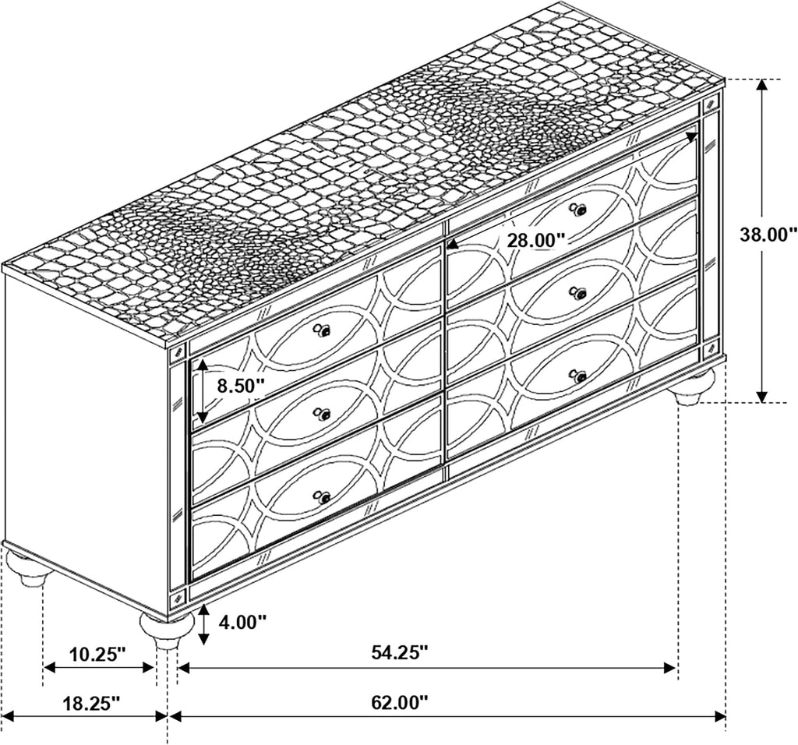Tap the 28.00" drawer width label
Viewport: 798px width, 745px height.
tap(536, 239)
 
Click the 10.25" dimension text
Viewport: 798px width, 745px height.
tap(97, 653)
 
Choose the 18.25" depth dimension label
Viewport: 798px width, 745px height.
tap(91, 704)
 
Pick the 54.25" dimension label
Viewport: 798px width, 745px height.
tap(399, 651)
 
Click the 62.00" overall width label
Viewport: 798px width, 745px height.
tap(399, 704)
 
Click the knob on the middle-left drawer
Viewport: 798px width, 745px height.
tap(322, 415)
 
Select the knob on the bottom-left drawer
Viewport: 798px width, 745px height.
tap(322, 496)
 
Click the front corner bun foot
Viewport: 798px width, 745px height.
tap(166, 630)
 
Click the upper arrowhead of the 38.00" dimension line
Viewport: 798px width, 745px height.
tap(761, 86)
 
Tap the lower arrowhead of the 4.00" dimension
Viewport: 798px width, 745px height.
tap(203, 638)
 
